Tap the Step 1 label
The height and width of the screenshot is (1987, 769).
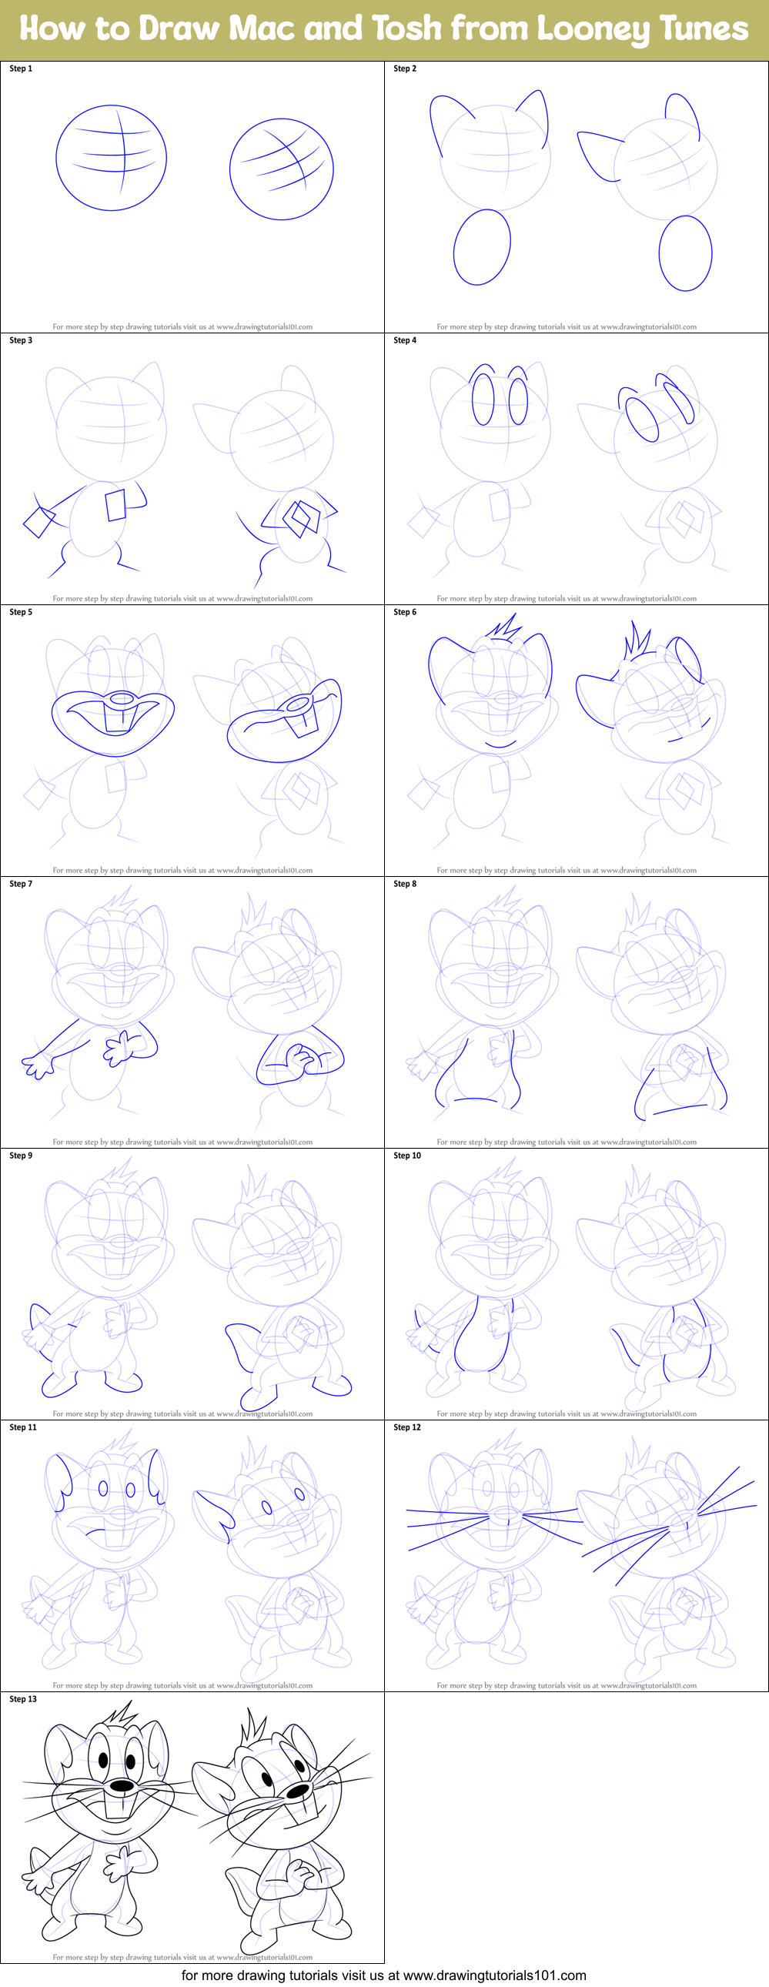tap(21, 69)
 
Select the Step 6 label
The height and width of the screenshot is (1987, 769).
tap(405, 612)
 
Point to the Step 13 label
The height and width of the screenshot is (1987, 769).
tap(23, 1698)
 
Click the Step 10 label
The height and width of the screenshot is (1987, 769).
tap(407, 1155)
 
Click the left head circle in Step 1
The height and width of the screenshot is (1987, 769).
tap(111, 158)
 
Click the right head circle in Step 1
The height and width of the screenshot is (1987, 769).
tap(282, 169)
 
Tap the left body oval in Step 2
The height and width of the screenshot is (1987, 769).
tap(482, 248)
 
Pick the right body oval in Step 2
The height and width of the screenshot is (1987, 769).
tap(685, 253)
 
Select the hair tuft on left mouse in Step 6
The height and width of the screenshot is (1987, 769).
tap(503, 628)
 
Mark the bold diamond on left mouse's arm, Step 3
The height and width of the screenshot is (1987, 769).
tap(38, 521)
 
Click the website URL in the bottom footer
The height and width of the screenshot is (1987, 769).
tap(494, 1975)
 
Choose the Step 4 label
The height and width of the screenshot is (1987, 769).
tap(405, 340)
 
